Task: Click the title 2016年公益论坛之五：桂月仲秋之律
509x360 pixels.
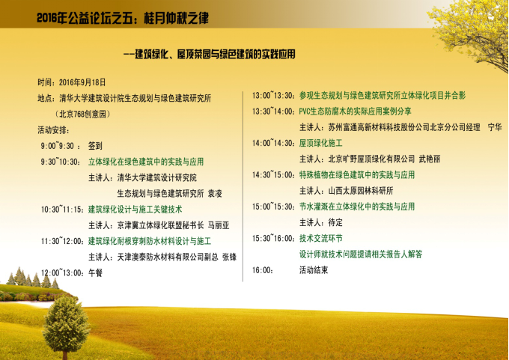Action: pyautogui.click(x=123, y=18)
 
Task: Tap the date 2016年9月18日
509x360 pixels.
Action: pyautogui.click(x=82, y=82)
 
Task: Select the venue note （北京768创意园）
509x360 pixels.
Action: pyautogui.click(x=83, y=114)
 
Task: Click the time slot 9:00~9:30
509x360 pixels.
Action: pyautogui.click(x=58, y=146)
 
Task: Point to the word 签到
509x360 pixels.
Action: pyautogui.click(x=95, y=146)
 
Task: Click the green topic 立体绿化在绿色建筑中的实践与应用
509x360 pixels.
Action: pyautogui.click(x=146, y=162)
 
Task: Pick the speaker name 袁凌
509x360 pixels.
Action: pyautogui.click(x=215, y=193)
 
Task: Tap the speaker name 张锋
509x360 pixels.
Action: pyautogui.click(x=229, y=257)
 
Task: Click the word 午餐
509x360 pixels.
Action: pyautogui.click(x=96, y=272)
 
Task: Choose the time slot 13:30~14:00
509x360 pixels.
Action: pyautogui.click(x=273, y=112)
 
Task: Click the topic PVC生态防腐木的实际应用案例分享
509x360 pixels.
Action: pyautogui.click(x=355, y=112)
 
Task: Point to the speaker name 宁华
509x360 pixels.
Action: pyautogui.click(x=495, y=127)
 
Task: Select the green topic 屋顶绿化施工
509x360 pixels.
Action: pyautogui.click(x=320, y=143)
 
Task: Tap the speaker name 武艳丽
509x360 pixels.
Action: pyautogui.click(x=430, y=159)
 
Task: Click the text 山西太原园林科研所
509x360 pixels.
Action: pyautogui.click(x=361, y=191)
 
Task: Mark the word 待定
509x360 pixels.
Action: pyautogui.click(x=335, y=223)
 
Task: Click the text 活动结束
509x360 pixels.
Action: pyautogui.click(x=314, y=270)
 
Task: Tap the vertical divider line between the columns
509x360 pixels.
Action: pyautogui.click(x=243, y=186)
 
